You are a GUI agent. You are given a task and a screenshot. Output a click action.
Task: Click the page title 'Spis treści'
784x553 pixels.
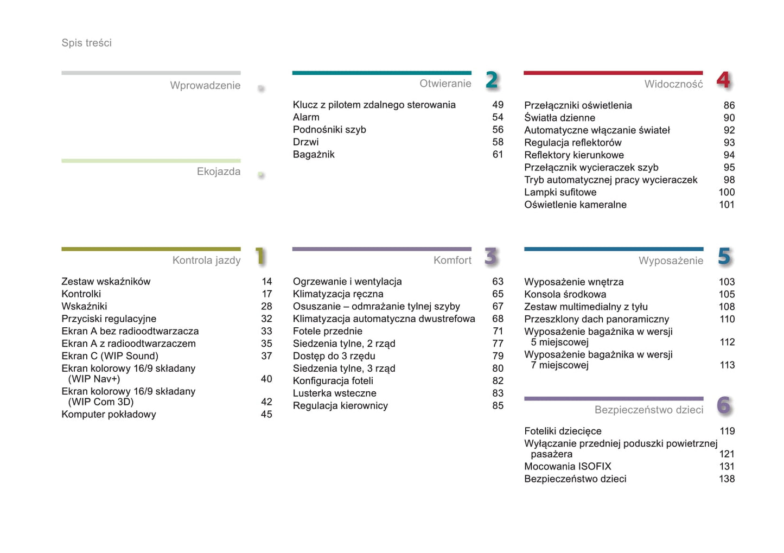pos(86,43)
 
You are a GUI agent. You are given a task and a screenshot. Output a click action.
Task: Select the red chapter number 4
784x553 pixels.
pos(723,80)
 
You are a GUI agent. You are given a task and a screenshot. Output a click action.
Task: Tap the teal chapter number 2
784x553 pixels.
pos(492,80)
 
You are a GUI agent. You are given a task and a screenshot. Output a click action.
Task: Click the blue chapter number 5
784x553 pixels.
pos(724,257)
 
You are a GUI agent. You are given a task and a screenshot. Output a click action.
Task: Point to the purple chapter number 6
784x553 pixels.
pos(724,405)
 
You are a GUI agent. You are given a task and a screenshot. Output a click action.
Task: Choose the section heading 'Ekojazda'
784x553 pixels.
pos(219,171)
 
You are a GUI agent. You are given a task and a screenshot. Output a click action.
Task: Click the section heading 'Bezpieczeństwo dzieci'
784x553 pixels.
pos(648,410)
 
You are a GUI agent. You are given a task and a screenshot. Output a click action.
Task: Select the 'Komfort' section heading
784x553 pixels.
pos(452,260)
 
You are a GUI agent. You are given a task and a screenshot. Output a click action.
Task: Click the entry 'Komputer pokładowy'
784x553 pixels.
pos(109,414)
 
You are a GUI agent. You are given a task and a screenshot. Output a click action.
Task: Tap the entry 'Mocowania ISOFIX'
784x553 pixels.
pos(568,466)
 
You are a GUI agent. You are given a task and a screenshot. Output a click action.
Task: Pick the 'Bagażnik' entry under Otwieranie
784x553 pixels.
pos(314,155)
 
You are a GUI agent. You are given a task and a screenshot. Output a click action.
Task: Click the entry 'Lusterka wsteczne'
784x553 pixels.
pos(334,393)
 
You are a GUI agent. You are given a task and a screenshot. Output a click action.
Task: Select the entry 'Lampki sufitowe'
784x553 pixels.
pos(560,192)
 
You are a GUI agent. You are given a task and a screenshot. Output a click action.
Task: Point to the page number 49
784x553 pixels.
pos(498,105)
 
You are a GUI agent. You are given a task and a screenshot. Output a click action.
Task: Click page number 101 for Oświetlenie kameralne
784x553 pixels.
pos(726,205)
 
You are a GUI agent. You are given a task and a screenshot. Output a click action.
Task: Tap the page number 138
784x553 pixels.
pos(727,479)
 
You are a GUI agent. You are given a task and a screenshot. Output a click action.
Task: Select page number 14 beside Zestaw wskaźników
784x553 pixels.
pos(266,281)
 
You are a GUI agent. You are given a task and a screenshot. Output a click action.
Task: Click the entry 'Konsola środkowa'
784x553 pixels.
pos(565,294)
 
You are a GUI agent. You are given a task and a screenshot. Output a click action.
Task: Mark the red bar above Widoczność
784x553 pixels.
pos(613,73)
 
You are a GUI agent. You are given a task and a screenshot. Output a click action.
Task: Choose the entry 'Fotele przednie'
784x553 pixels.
pos(327,331)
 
